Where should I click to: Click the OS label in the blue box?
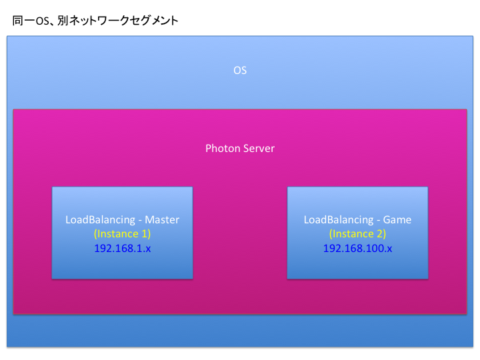click(240, 71)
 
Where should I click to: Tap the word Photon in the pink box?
click(223, 149)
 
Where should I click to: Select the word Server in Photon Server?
click(259, 149)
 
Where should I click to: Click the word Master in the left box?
click(162, 220)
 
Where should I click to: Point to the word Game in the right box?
click(397, 220)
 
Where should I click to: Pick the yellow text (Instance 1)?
click(122, 234)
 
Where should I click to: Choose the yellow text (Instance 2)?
click(357, 234)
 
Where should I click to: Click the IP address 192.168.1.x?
click(123, 248)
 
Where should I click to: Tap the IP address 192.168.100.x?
click(357, 248)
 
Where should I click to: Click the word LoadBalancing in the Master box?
click(101, 220)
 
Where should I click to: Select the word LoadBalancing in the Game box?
click(339, 220)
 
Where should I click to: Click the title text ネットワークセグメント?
click(124, 21)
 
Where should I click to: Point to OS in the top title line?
click(43, 21)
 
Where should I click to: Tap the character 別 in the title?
click(63, 21)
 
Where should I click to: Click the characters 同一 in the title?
click(24, 21)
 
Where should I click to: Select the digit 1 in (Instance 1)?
click(144, 234)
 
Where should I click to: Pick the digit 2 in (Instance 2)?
click(379, 234)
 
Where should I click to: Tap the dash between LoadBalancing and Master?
click(140, 221)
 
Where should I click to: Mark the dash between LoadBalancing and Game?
click(378, 221)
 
